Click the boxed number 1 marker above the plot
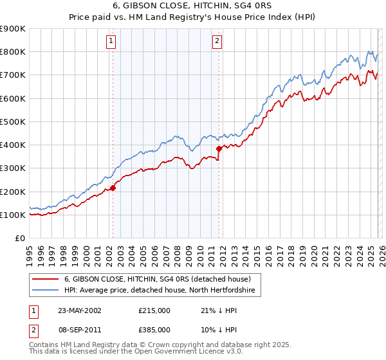tap(112, 41)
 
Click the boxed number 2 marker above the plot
tap(217, 41)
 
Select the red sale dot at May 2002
tap(113, 188)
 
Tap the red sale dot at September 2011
tap(219, 148)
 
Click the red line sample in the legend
tap(46, 279)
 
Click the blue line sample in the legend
tap(46, 291)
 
